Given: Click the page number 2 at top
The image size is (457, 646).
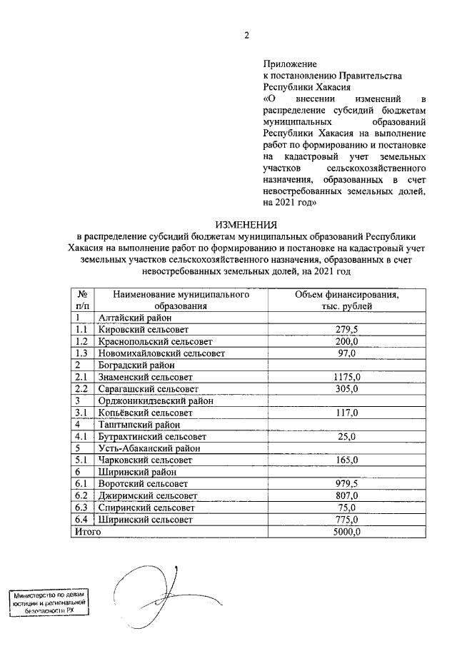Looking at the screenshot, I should (246, 37).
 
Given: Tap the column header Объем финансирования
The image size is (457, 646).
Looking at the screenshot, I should (347, 295).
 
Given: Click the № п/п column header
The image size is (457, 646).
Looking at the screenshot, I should (81, 301).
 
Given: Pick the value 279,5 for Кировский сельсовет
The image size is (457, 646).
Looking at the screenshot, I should (347, 330).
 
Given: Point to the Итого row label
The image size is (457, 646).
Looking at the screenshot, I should (88, 532).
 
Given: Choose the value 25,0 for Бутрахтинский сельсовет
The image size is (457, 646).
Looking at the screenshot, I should (347, 436).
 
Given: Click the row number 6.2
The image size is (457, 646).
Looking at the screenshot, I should (81, 496).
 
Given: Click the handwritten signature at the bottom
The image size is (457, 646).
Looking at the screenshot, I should (154, 589).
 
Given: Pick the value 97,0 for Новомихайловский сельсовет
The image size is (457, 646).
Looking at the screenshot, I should (347, 353).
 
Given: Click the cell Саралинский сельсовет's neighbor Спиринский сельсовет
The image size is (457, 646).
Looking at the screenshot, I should (141, 508).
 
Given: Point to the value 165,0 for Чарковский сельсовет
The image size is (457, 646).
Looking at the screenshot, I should (347, 460).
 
